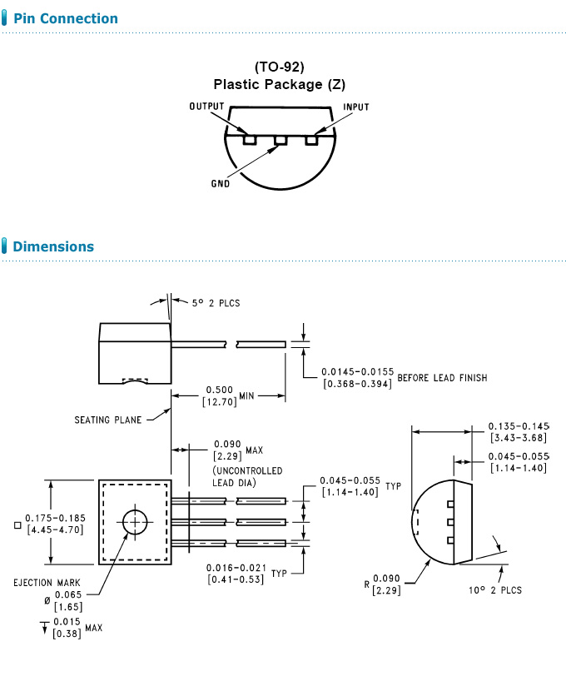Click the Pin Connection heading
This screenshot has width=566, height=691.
coord(66,18)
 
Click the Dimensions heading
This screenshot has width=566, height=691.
coord(53,246)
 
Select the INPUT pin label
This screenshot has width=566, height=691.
coord(356,107)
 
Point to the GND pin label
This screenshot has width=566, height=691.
coord(221,183)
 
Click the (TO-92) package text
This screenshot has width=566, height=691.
coord(279,67)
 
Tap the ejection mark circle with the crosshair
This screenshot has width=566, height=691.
coord(134,522)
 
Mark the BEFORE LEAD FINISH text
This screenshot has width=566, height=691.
coord(442,378)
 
